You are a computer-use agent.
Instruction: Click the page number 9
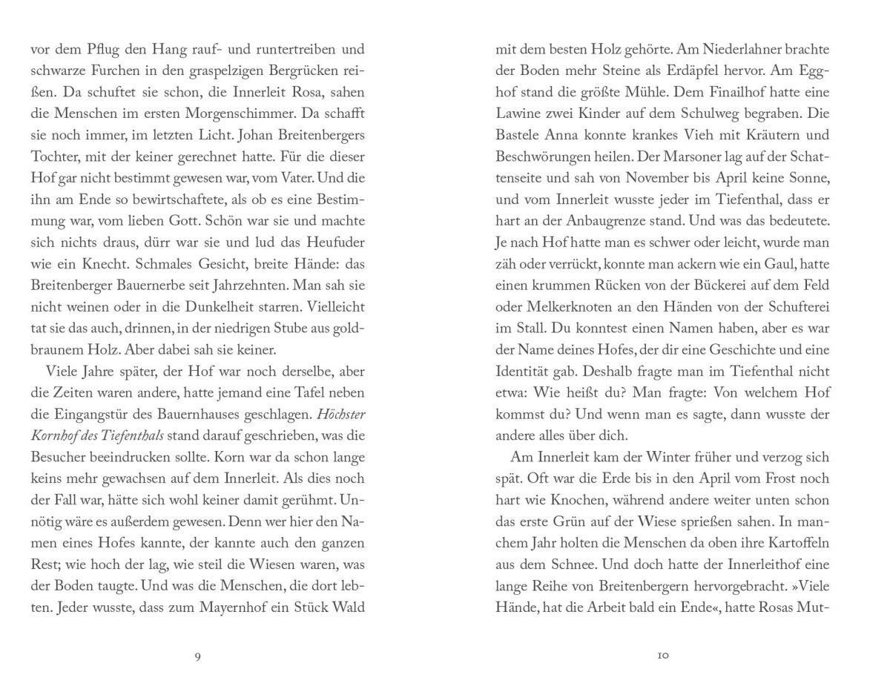(197, 655)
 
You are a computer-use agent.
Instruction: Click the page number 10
(663, 655)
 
